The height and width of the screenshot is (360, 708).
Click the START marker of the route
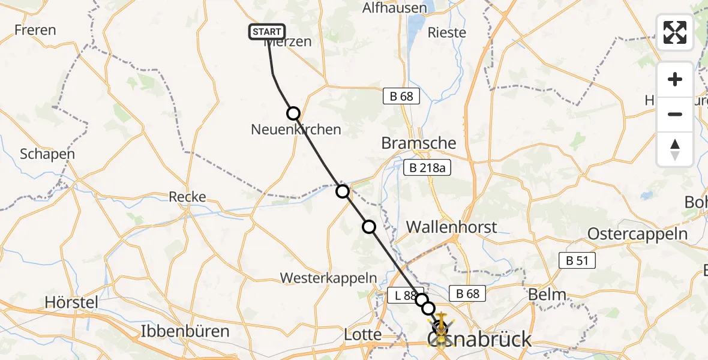[266, 32]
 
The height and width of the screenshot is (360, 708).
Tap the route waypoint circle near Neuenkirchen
[293, 113]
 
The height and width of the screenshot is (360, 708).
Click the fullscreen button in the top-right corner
[675, 32]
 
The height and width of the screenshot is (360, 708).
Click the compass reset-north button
[675, 149]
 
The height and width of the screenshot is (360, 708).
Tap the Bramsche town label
[419, 143]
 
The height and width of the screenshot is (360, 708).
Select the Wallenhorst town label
[452, 227]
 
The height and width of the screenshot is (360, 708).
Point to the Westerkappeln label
[329, 278]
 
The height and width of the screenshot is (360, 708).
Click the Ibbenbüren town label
[185, 331]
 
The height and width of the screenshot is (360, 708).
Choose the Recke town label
[187, 197]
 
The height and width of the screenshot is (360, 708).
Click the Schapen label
[47, 154]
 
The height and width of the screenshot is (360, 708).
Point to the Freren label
[35, 30]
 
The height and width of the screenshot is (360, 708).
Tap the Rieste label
[446, 32]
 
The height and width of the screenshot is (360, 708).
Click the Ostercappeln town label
[637, 234]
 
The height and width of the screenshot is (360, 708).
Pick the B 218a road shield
[427, 169]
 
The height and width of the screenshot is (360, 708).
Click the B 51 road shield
[577, 260]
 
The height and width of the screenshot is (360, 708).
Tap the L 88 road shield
[401, 295]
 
